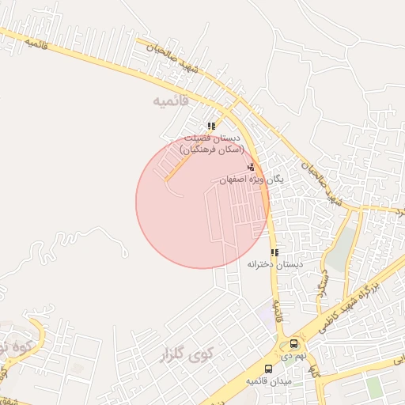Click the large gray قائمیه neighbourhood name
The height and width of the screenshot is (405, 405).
(173, 101)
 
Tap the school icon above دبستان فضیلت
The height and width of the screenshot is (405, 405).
(211, 126)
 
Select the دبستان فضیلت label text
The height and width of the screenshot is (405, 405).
(212, 138)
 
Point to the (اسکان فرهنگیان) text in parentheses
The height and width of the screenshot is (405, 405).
(211, 149)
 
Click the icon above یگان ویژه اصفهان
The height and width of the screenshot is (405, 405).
(252, 167)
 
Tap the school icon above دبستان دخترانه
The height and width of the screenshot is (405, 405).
(274, 252)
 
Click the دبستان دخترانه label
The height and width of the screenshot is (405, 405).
(271, 264)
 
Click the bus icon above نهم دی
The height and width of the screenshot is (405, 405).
(294, 344)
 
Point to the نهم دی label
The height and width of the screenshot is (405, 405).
(293, 356)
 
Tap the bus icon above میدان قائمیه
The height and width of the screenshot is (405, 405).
(268, 369)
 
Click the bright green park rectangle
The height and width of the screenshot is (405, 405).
(373, 389)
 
